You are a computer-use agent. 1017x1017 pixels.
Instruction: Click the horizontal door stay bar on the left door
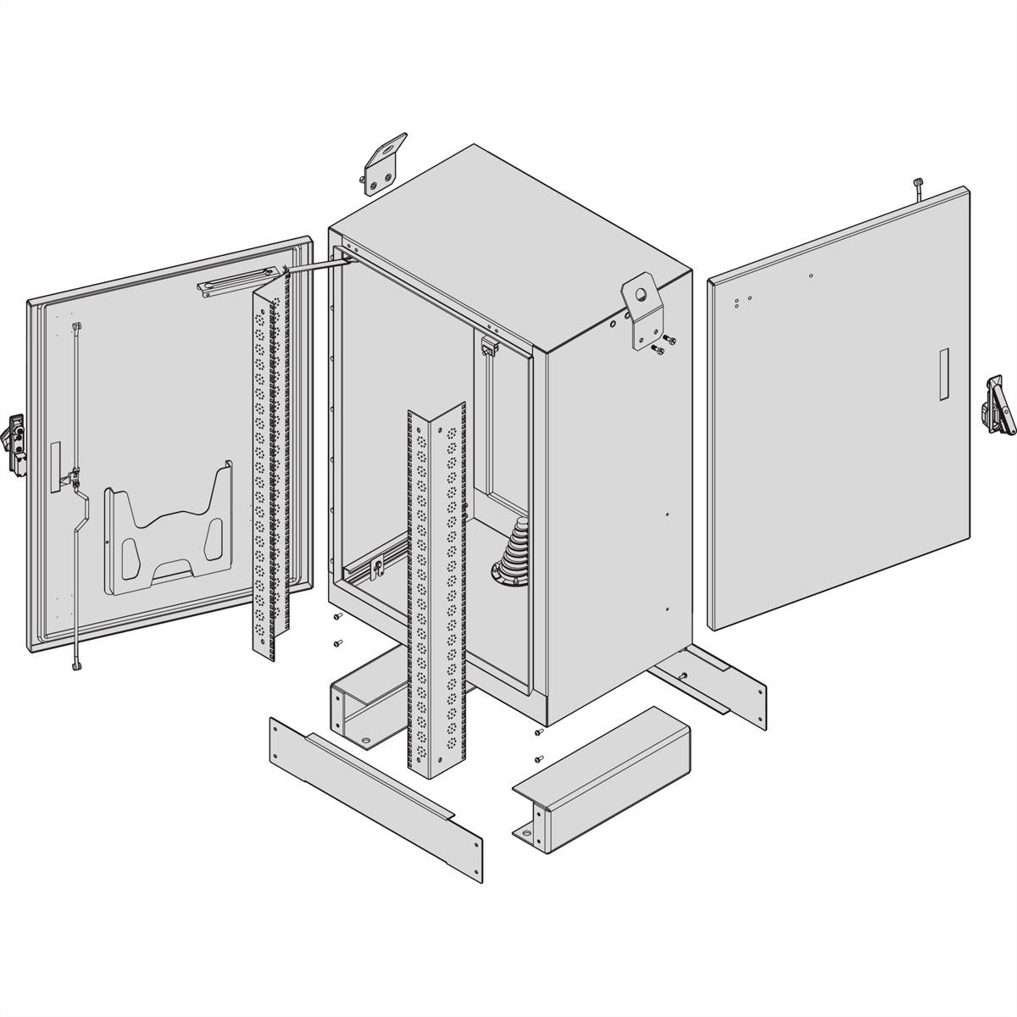pos(237,283)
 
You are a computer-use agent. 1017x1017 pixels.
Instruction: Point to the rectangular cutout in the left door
pos(56,467)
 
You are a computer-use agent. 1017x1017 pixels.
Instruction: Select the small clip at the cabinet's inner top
pos(488,347)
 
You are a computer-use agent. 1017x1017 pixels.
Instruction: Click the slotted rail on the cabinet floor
pos(373,563)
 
